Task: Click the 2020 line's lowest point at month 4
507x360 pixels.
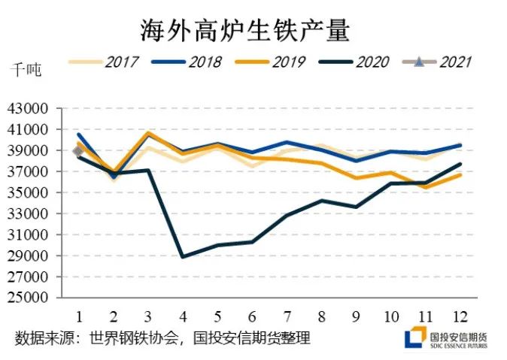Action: coord(183,256)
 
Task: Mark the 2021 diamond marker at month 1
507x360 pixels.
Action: coord(78,151)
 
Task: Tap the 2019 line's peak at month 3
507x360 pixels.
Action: coord(148,133)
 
